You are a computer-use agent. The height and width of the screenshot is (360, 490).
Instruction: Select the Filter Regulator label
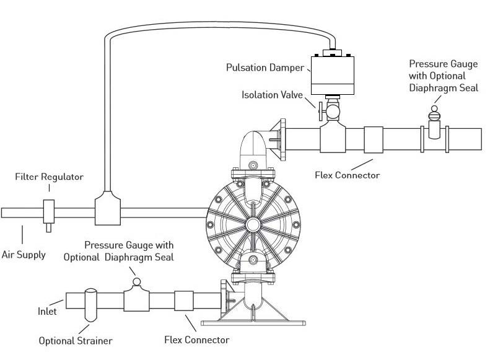50,177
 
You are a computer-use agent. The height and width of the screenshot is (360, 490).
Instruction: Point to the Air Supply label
23,254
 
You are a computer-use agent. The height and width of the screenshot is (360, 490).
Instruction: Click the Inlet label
47,311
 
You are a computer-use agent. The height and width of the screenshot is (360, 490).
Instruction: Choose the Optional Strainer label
76,341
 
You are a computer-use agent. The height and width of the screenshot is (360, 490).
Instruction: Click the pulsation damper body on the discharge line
331,75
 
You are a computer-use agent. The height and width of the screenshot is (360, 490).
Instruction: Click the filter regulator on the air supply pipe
48,213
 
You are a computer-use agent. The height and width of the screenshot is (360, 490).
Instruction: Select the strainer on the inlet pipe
90,304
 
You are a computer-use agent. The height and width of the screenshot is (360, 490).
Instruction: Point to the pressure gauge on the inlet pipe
136,284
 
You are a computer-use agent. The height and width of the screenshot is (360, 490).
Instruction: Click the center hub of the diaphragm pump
253,224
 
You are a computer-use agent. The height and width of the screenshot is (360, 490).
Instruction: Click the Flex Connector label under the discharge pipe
348,175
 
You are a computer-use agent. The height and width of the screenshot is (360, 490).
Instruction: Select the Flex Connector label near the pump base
196,340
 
